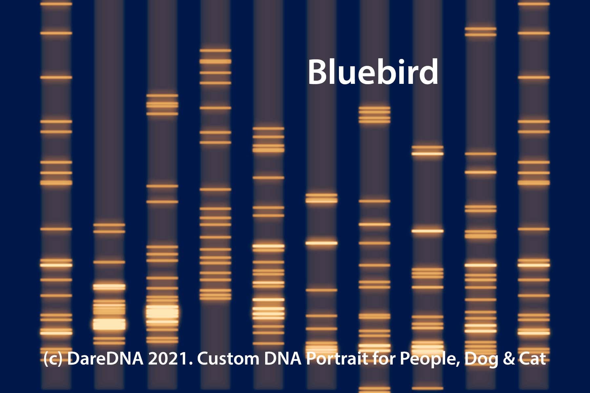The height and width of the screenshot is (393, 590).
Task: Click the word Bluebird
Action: pos(373,72)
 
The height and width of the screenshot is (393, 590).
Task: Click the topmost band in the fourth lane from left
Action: pos(215,50)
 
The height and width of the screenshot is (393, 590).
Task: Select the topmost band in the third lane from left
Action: pos(162,96)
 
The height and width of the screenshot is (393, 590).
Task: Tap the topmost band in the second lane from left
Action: pos(109,225)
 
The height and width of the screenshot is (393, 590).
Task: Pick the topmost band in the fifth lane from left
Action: pos(268,128)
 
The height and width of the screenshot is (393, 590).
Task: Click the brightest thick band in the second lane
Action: pos(109,324)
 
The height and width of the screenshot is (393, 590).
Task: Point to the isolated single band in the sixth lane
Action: pos(321,243)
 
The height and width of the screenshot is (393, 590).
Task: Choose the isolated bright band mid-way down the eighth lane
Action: pos(427,231)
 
